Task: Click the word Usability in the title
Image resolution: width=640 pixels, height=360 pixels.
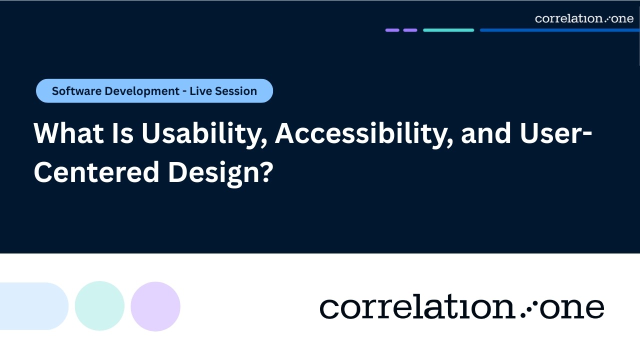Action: (x=203, y=134)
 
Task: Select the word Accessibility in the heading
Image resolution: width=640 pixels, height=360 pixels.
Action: (x=363, y=134)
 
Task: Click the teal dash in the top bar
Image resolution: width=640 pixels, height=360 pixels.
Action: (x=448, y=30)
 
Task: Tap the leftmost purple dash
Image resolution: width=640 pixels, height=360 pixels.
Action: (x=392, y=30)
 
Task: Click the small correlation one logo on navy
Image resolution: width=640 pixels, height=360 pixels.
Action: (x=584, y=19)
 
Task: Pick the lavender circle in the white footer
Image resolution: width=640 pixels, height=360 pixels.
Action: (x=155, y=306)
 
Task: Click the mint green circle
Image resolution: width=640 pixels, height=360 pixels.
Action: (x=99, y=306)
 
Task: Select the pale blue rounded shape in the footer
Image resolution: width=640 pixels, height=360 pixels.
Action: (x=33, y=306)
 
